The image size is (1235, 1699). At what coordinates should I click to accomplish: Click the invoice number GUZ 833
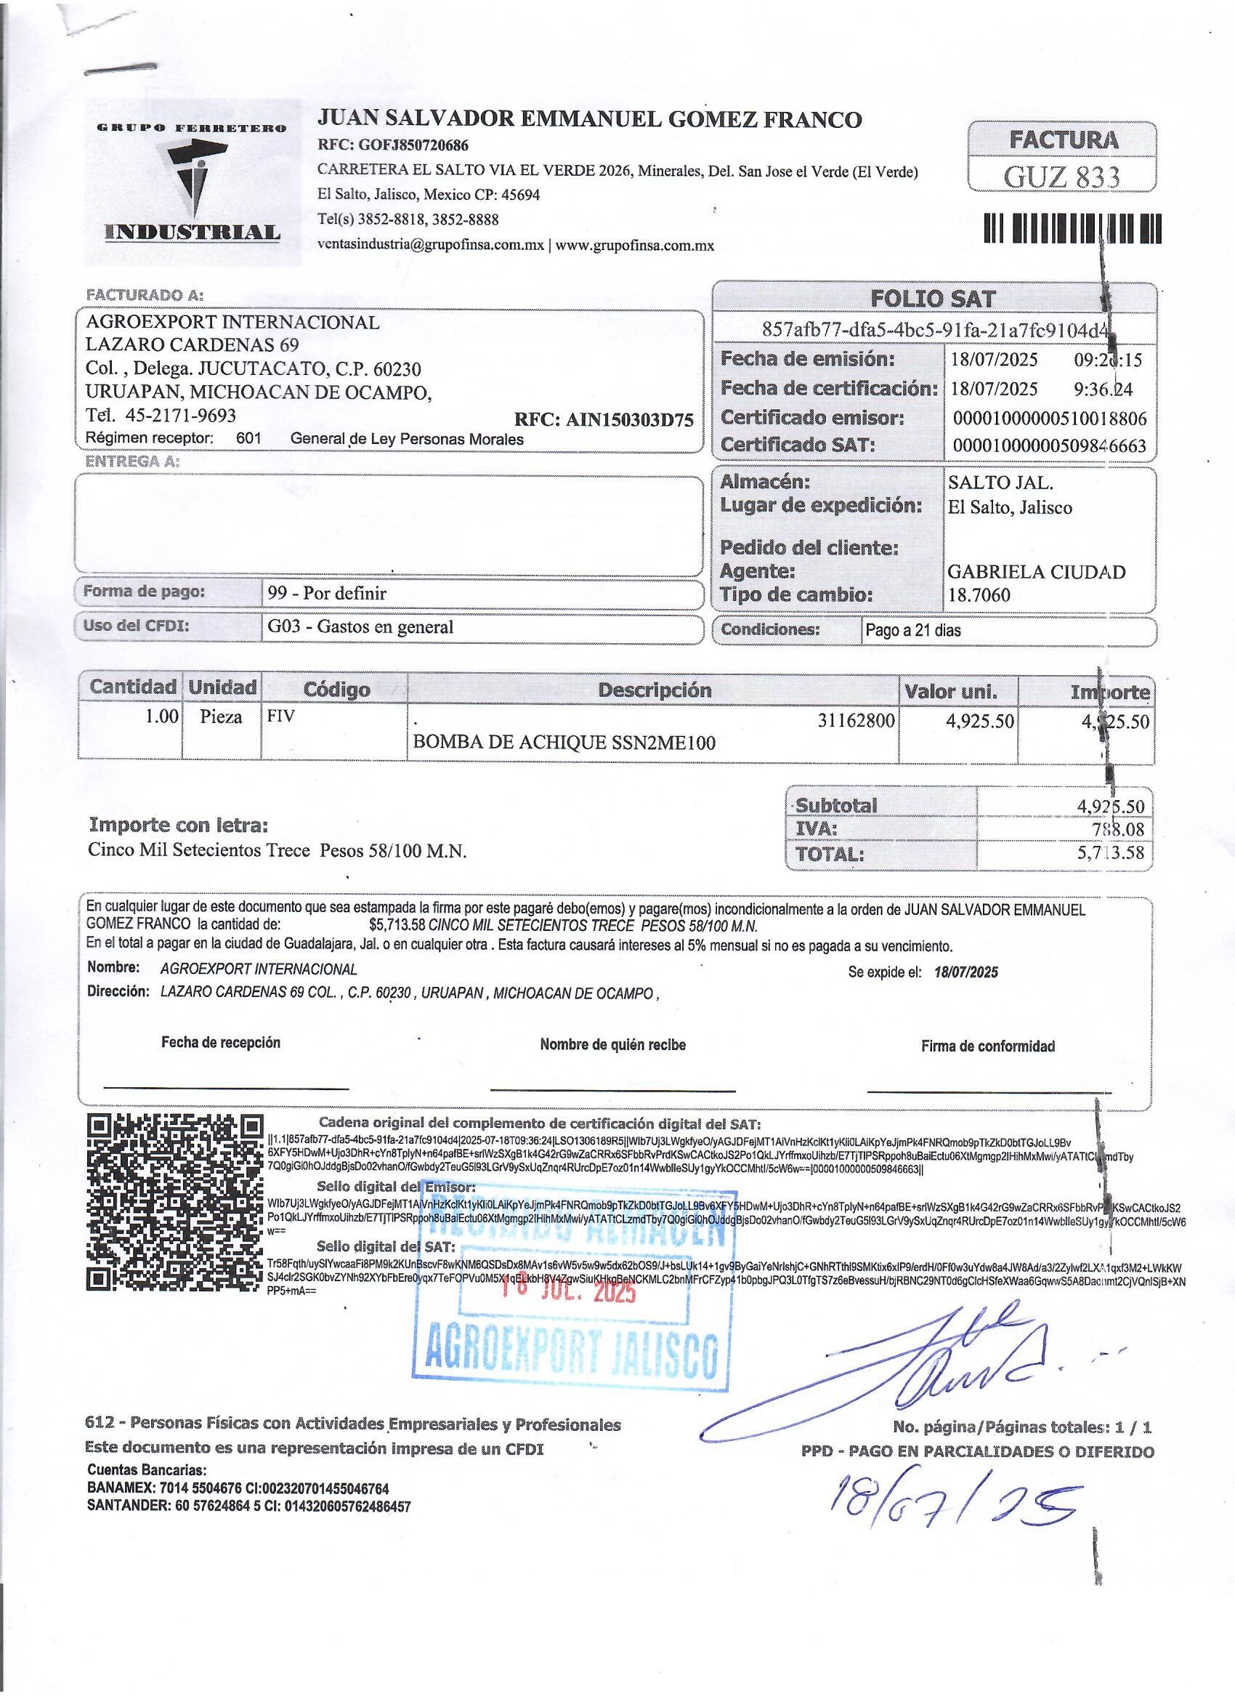pos(1061,177)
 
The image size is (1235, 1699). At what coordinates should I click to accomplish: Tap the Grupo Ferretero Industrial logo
pos(193,182)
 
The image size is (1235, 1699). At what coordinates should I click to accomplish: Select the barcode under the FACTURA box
pos(1072,228)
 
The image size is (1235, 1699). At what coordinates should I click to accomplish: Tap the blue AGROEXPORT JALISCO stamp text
pos(572,1355)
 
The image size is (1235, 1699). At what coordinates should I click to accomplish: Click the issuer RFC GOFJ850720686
pos(392,145)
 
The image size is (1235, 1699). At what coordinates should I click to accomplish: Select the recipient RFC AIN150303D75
pos(604,419)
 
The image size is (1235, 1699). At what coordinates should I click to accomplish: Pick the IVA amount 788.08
pos(1118,828)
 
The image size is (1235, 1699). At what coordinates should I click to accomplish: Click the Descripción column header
pos(654,690)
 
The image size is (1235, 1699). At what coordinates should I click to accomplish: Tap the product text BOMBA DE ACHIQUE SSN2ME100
pos(564,743)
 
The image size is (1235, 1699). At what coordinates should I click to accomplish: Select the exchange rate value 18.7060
pos(979,595)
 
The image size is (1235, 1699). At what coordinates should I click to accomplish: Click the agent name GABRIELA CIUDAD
pos(1036,572)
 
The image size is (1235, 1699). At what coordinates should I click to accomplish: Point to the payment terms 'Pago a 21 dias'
pos(913,630)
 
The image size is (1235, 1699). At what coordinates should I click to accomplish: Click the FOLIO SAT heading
pos(933,299)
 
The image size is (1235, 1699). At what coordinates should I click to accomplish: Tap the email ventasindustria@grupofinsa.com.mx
pos(431,245)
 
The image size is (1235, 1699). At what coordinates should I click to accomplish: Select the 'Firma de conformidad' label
pos(987,1046)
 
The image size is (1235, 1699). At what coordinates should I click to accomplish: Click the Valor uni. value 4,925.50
pos(979,722)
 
